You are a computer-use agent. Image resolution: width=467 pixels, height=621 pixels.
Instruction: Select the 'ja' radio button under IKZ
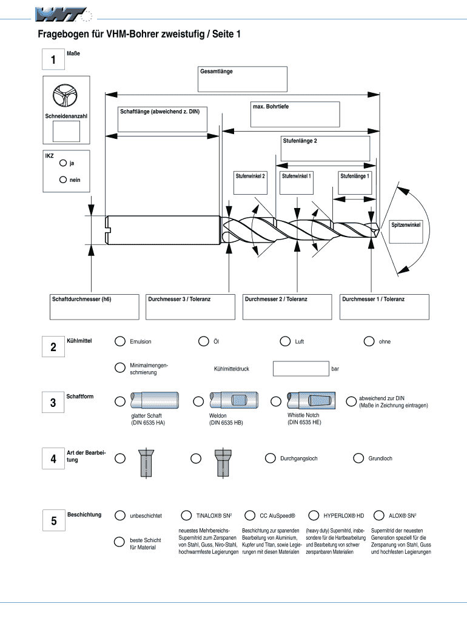(x=63, y=163)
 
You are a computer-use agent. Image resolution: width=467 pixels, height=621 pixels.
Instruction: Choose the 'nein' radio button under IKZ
(x=63, y=180)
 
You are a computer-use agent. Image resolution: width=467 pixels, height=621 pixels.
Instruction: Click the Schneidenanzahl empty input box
(x=67, y=131)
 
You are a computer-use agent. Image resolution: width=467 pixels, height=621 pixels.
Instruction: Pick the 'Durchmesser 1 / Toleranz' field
(x=385, y=306)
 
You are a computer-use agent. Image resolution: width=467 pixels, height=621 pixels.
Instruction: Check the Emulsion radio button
(x=120, y=341)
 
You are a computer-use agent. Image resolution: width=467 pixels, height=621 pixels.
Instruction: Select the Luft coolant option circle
(x=285, y=341)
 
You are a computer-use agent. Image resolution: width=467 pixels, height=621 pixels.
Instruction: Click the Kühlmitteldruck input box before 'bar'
(x=301, y=368)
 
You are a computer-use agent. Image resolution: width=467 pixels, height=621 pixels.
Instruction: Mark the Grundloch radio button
(x=358, y=458)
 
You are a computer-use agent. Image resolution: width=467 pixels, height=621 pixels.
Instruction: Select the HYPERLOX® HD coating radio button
(x=314, y=515)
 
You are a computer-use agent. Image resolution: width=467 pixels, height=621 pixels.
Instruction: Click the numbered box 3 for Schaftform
(x=53, y=403)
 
